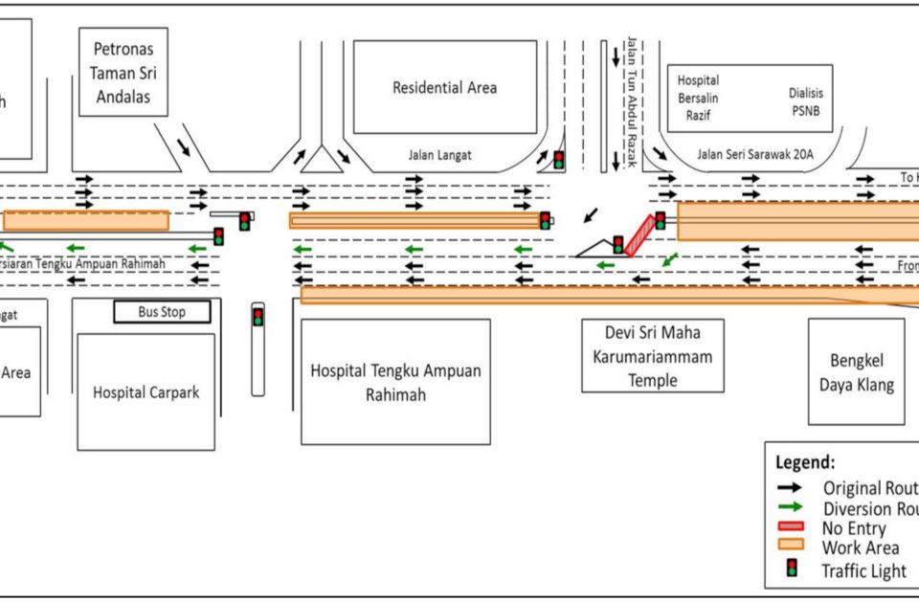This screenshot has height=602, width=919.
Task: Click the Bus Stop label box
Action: [162, 312]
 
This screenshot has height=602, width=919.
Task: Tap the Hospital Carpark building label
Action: [146, 391]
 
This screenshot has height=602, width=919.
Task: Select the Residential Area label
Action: [444, 87]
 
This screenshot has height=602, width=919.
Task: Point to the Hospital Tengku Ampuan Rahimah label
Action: [395, 382]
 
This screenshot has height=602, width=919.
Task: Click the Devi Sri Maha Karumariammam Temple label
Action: [653, 355]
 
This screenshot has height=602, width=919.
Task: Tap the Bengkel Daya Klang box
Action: [856, 372]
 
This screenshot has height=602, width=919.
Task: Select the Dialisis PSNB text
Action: [805, 100]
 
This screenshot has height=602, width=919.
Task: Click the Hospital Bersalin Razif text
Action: [698, 98]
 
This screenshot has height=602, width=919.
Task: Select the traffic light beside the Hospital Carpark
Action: [258, 316]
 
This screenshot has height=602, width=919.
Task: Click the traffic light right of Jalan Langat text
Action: [558, 159]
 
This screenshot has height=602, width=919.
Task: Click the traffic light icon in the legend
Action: [792, 570]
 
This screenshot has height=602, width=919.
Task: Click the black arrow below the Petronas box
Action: [184, 146]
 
